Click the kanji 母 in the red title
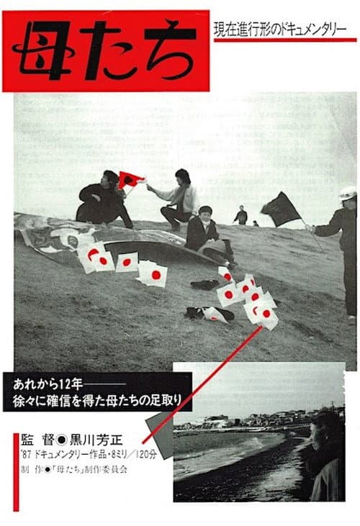pos(42,50)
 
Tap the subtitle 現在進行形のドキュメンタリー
pos(280,29)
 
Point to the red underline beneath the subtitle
pos(285,40)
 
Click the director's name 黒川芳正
pos(96,439)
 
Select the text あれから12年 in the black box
pos(48,384)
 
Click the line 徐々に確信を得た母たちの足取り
pos(97,400)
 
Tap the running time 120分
pos(147,455)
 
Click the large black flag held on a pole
pos(281,209)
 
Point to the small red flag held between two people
pos(130,179)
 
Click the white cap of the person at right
pos(348,193)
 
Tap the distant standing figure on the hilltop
pos(241,215)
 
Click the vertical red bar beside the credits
pos(16,472)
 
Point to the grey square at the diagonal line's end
pos(160,435)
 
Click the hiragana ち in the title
pos(171,50)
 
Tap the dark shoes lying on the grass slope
pos(204,284)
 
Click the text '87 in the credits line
pos(25,455)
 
